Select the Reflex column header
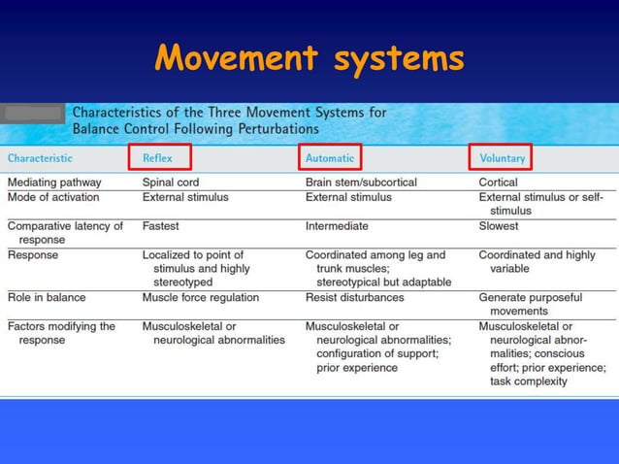pos(159,157)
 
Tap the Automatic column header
pos(330,157)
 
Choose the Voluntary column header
pos(502,157)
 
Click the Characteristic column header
pos(40,157)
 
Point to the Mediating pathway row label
pos(52,182)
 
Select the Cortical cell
pos(498,182)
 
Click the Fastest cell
pos(161,226)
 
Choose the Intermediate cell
pos(337,226)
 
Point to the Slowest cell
pos(499,226)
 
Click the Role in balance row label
pos(47,297)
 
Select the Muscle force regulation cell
pos(200,297)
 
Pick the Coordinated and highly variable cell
pos(537,261)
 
